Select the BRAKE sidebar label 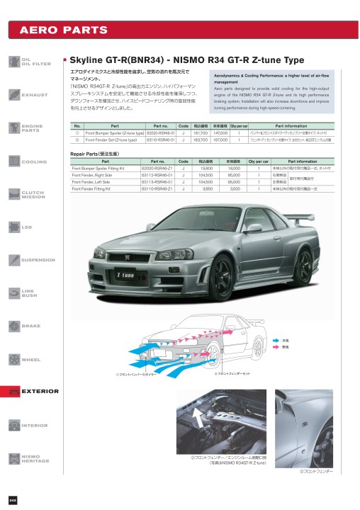(x=30, y=326)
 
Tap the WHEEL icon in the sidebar (x=13, y=360)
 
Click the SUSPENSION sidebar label (x=38, y=260)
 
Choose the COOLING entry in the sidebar (x=34, y=162)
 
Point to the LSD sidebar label (x=27, y=227)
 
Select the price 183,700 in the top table (x=200, y=140)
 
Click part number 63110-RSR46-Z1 (x=157, y=189)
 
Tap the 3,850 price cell (x=208, y=189)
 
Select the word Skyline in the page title (x=87, y=60)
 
